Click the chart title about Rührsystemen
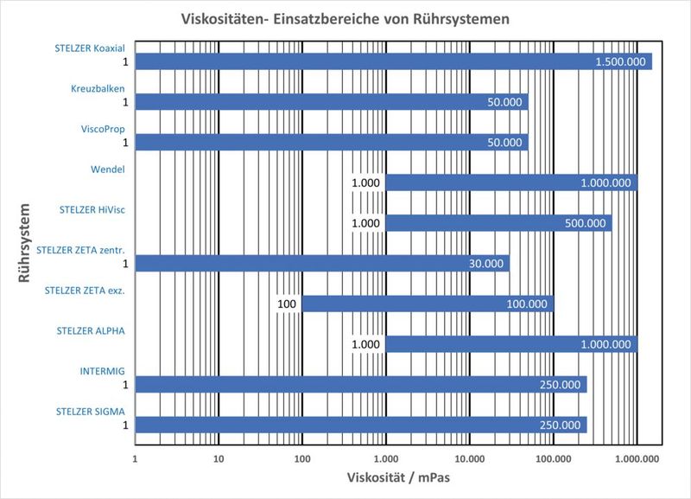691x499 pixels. (345, 18)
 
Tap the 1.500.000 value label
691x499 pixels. (620, 61)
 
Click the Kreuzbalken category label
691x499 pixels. (98, 88)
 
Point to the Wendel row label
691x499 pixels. (107, 169)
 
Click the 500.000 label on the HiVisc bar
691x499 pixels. (585, 223)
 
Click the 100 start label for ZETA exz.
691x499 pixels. (288, 304)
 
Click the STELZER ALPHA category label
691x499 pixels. (91, 330)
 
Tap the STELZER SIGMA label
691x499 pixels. (91, 412)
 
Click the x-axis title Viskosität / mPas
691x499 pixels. (398, 477)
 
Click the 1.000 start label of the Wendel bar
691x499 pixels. (365, 182)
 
